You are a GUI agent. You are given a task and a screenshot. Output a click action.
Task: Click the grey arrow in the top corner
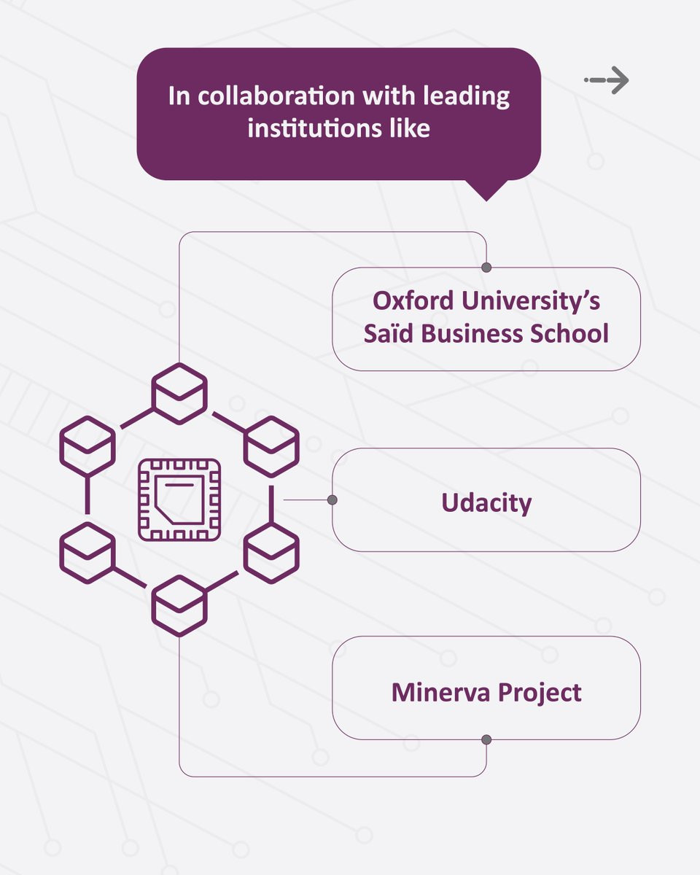tap(607, 80)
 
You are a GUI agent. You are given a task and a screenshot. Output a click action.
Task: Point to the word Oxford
tap(413, 301)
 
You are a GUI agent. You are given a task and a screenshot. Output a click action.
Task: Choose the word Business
tap(472, 333)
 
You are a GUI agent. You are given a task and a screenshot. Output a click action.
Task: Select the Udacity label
tap(486, 503)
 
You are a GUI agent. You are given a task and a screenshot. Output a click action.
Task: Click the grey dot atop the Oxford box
tap(486, 267)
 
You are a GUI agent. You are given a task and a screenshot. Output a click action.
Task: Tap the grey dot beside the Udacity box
tap(332, 499)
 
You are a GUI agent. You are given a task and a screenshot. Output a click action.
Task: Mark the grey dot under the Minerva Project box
tap(486, 739)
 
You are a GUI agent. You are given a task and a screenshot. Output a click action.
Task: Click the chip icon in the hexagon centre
tap(179, 499)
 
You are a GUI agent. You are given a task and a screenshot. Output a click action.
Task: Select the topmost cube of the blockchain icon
tap(179, 394)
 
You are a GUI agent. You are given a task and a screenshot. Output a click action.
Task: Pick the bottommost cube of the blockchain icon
tap(179, 606)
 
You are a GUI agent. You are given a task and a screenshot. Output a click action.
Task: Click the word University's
tap(531, 302)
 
